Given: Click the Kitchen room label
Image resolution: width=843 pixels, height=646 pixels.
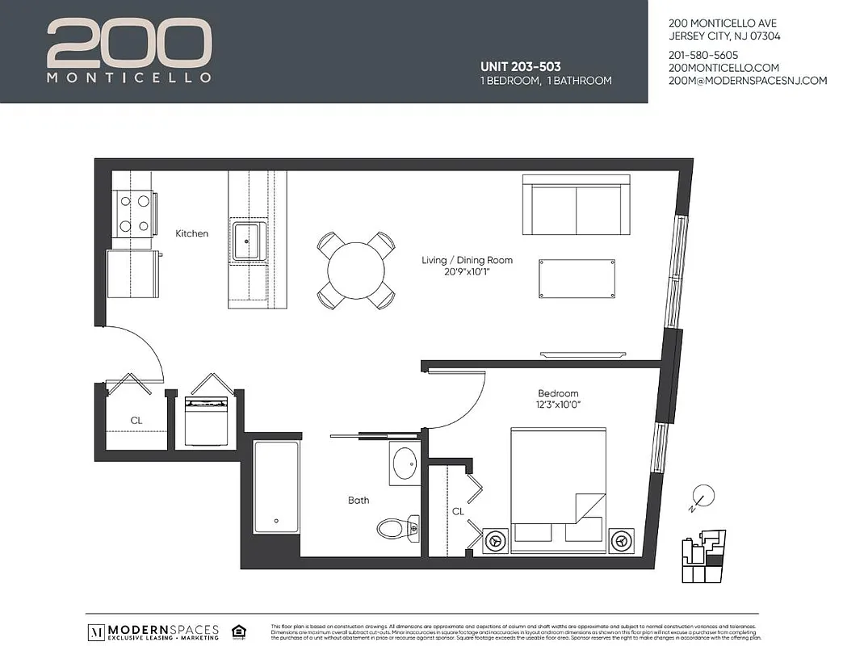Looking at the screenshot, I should (192, 233).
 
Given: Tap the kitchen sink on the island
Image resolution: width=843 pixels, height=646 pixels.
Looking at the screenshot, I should (248, 241).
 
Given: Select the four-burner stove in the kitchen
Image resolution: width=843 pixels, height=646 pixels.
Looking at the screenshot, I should (135, 213).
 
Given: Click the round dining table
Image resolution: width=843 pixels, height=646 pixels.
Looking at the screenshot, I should (356, 271).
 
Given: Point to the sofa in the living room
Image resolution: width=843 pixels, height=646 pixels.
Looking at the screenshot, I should (575, 205).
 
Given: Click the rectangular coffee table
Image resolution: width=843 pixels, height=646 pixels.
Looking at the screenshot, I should (577, 279).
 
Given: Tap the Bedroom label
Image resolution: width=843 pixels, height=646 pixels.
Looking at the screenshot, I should (558, 393).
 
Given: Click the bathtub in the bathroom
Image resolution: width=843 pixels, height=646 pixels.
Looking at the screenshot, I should (277, 487).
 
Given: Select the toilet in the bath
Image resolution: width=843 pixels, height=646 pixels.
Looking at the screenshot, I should (396, 528).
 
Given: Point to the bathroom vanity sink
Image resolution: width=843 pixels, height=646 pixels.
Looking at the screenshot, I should (404, 464).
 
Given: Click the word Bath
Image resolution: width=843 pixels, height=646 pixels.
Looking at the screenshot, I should (359, 501).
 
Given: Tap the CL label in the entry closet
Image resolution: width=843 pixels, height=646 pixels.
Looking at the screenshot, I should (136, 421).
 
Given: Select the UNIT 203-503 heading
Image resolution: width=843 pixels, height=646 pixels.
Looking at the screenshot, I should (521, 67).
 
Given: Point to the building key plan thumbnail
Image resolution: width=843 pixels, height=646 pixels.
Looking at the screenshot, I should (704, 557).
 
